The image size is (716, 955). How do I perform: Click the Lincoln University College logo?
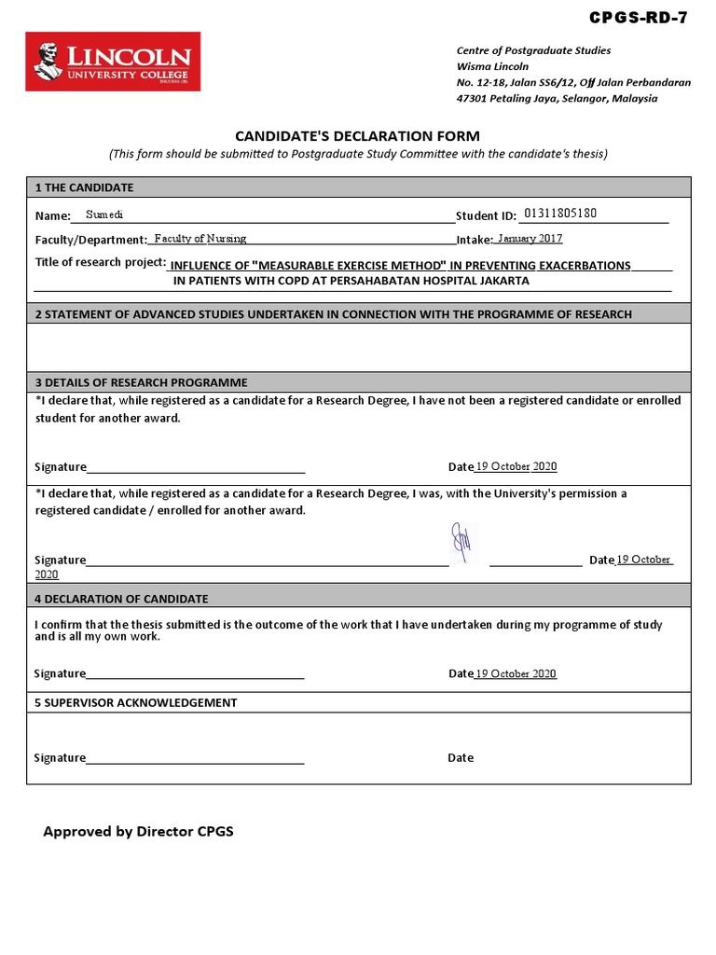[113, 62]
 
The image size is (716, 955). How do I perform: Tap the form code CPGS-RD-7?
[639, 18]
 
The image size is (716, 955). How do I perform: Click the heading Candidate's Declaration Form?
[358, 136]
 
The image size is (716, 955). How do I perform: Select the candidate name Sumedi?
[104, 215]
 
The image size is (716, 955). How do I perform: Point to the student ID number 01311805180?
[561, 214]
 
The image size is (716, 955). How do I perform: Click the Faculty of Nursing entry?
[200, 239]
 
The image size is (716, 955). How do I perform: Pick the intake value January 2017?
[530, 239]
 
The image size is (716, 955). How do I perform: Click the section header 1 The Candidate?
[85, 187]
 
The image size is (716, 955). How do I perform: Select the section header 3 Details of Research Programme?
[142, 382]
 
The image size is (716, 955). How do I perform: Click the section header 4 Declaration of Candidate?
[122, 599]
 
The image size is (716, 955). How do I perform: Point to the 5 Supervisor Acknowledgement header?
[136, 702]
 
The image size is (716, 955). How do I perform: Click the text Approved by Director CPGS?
[138, 831]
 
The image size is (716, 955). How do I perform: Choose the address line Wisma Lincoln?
[492, 66]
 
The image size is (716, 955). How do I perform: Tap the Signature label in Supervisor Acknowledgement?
[60, 758]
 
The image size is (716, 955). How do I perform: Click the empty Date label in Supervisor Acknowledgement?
[461, 758]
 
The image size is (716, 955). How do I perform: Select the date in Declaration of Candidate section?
[516, 673]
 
